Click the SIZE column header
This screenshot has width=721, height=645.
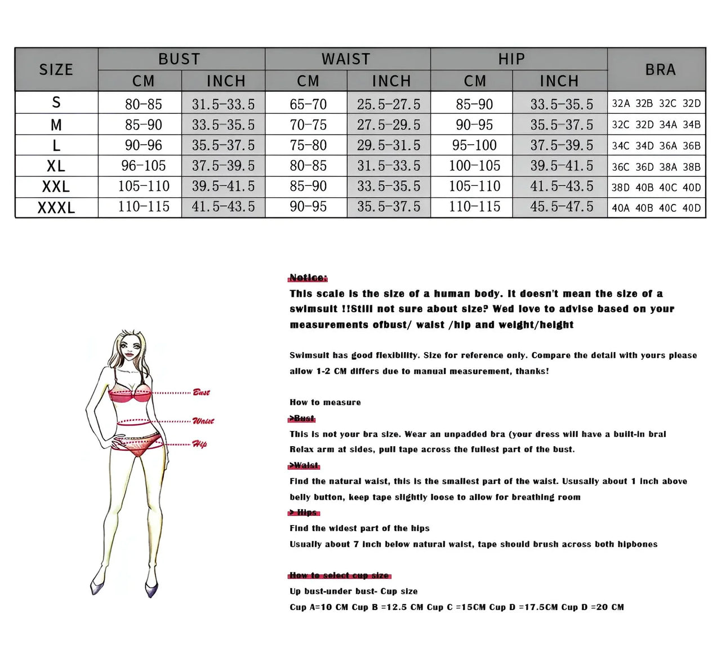[x=56, y=69]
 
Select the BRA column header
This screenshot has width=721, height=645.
[x=660, y=69]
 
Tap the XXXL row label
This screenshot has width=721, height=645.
[x=56, y=208]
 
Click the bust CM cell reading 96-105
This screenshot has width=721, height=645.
[x=144, y=166]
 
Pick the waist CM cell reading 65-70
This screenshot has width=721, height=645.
[x=308, y=104]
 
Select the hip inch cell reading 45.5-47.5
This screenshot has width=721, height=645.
[x=562, y=207]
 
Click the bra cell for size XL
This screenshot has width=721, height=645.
[x=656, y=167]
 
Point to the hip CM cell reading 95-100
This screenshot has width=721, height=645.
[x=474, y=145]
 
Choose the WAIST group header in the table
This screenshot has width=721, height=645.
[x=346, y=59]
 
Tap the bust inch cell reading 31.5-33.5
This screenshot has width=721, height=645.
[x=223, y=104]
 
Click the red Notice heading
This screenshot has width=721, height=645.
[x=308, y=278]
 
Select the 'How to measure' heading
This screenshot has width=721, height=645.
[x=325, y=402]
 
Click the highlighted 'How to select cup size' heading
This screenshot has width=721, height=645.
[x=339, y=575]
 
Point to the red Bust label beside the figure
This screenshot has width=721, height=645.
[x=201, y=392]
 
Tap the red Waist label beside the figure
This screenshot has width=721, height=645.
[x=203, y=421]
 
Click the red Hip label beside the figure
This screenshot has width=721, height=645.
[x=199, y=444]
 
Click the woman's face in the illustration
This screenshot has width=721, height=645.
[x=130, y=350]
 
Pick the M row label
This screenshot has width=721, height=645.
[x=56, y=125]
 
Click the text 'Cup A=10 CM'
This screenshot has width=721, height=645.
[x=319, y=607]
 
